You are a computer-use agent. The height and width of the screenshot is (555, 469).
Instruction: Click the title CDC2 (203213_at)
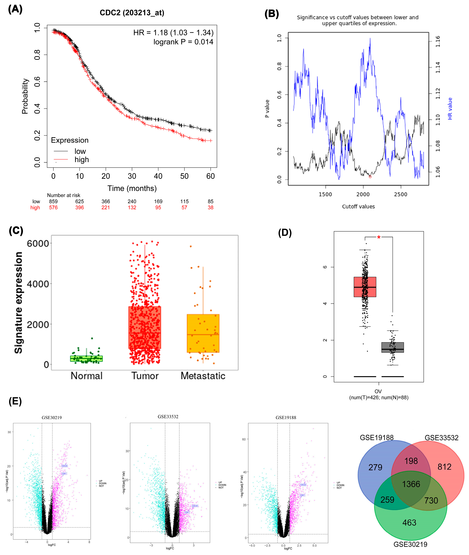[132, 13]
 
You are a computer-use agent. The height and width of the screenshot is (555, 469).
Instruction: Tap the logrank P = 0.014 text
[183, 42]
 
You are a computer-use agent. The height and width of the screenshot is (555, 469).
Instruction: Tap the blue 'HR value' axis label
[450, 109]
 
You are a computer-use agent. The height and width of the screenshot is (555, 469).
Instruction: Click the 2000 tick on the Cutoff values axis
[363, 194]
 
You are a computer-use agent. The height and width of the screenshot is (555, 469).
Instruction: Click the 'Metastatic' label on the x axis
[203, 376]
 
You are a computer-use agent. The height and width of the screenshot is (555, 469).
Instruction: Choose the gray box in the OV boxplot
[392, 347]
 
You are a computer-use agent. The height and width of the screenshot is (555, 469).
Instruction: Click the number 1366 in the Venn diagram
[411, 484]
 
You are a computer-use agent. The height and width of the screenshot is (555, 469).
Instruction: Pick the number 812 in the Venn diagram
[444, 467]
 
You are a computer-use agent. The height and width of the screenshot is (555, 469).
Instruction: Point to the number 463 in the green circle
[409, 523]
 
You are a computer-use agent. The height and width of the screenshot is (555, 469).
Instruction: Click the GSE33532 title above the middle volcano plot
[168, 416]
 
